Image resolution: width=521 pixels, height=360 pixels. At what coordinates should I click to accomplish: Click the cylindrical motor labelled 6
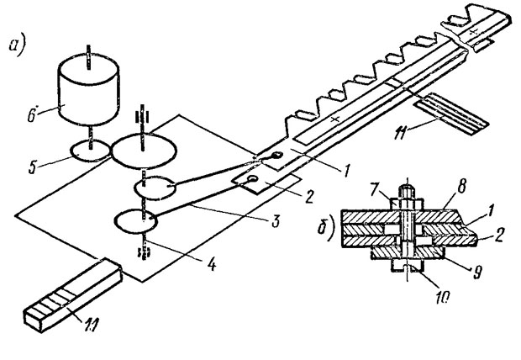pyautogui.click(x=88, y=92)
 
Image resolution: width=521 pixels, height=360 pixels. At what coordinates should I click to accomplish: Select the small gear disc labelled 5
pyautogui.click(x=91, y=151)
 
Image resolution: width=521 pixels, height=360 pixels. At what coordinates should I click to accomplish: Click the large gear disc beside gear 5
pyautogui.click(x=143, y=151)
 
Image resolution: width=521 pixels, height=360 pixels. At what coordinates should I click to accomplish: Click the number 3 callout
pyautogui.click(x=275, y=220)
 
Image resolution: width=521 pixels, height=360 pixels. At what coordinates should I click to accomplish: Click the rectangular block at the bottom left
pyautogui.click(x=72, y=294)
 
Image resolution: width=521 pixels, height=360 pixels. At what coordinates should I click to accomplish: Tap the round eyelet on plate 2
pyautogui.click(x=254, y=179)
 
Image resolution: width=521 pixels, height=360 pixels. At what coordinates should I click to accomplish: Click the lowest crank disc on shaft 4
pyautogui.click(x=135, y=220)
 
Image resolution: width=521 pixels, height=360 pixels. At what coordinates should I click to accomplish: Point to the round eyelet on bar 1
pyautogui.click(x=277, y=155)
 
